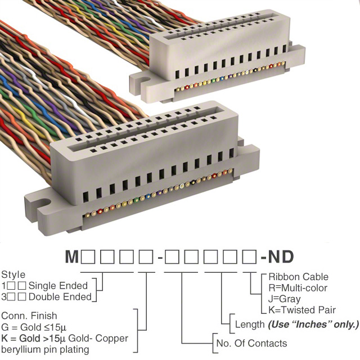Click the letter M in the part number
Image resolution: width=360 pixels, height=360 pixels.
72,256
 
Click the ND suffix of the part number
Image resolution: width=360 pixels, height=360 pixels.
281,256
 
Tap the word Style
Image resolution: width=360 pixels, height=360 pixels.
13,275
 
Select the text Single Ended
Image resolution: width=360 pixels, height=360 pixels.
58,286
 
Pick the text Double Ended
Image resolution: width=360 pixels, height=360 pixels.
60,297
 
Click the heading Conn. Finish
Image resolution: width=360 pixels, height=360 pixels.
29,316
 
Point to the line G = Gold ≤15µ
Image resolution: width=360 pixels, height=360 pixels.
34,327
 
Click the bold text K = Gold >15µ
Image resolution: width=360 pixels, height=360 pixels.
34,339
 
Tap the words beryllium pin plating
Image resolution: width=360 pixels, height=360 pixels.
45,350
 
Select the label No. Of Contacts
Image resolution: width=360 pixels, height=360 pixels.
251,344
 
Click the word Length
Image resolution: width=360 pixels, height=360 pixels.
250,325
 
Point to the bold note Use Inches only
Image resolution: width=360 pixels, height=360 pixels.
313,325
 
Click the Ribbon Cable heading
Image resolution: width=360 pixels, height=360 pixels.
299,277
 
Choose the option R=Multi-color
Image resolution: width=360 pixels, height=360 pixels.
298,288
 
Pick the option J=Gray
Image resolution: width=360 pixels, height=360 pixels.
285,299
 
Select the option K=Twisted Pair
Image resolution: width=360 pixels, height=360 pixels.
302,310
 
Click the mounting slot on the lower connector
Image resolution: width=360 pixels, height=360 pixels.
44,202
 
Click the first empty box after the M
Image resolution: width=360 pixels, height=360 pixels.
88,256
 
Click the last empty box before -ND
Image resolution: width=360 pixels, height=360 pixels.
249,256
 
